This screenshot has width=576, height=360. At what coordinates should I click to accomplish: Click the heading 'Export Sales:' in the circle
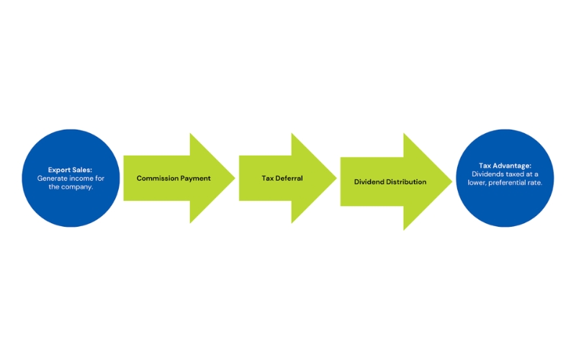pos(70,170)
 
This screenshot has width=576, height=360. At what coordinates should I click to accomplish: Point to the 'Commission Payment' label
pos(174,178)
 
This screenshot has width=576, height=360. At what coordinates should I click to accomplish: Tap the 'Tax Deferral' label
pos(282,178)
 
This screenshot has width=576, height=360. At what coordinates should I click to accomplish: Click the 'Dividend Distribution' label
pos(390,182)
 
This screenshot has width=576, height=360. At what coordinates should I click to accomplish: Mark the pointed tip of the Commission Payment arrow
pos(235,178)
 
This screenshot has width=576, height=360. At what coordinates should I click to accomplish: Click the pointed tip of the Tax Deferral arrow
pos(336,178)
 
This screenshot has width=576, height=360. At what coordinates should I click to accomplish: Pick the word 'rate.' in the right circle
pos(536,182)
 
